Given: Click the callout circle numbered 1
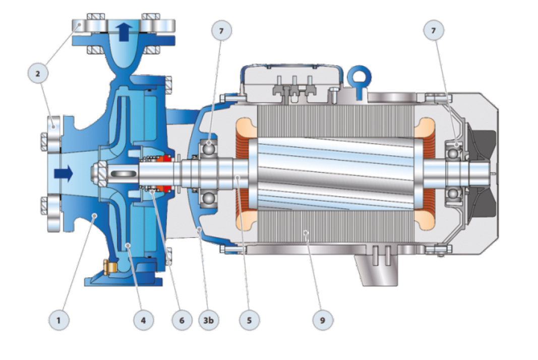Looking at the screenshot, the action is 58,320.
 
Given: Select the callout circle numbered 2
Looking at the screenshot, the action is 38,73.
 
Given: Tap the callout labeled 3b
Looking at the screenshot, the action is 209,320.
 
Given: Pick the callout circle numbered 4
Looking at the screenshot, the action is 143,320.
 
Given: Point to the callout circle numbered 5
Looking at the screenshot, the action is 250,320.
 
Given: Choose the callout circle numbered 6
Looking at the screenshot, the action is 182,320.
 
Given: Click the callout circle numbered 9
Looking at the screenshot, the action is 323,320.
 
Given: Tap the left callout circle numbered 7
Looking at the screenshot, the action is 221,31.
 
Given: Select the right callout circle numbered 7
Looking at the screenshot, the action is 433,30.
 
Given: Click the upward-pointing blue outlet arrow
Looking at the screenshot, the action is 124,32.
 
